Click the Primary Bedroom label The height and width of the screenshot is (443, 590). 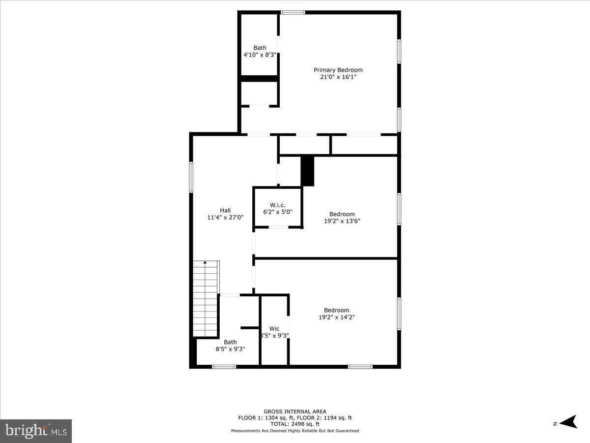tap(338, 70)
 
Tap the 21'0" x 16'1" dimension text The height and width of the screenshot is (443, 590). tap(338, 77)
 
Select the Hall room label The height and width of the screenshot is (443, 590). tap(225, 210)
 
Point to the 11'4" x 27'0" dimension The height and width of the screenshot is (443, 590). tap(225, 218)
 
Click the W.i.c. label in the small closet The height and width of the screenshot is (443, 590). tap(277, 205)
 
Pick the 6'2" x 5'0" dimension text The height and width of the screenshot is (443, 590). tap(277, 212)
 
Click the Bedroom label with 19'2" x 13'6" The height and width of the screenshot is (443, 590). tap(342, 214)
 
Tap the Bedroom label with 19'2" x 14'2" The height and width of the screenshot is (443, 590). tap(337, 310)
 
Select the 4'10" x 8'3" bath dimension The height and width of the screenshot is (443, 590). tap(260, 55)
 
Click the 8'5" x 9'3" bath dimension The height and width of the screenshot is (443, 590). tap(230, 349)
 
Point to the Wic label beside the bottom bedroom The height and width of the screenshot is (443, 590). tap(274, 329)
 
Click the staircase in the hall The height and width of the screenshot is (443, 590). tap(206, 300)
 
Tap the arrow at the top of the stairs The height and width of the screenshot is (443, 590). tap(205, 263)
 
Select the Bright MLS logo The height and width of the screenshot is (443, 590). tap(36, 431)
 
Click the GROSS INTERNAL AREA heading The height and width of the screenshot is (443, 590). tap(295, 411)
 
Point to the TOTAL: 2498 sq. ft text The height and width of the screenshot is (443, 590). tap(295, 424)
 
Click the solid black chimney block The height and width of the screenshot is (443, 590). tap(307, 171)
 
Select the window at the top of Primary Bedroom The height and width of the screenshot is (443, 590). tap(293, 12)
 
